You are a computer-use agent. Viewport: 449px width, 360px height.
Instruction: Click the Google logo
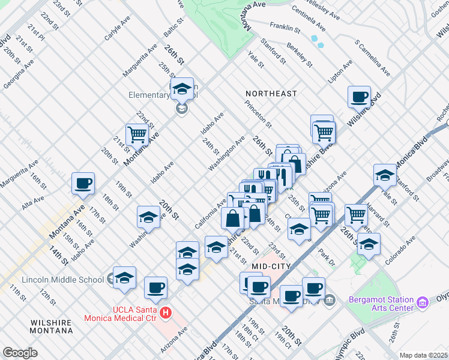[20, 353]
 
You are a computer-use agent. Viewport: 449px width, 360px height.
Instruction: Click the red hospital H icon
[166, 313]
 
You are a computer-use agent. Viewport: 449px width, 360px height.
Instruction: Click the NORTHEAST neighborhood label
[271, 94]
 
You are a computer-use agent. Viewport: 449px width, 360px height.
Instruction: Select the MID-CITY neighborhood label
[271, 266]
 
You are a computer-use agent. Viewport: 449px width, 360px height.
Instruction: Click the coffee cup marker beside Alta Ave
[83, 183]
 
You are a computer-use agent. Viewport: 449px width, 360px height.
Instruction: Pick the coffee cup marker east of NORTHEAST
[360, 97]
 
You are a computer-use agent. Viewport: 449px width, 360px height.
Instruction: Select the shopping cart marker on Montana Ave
[137, 134]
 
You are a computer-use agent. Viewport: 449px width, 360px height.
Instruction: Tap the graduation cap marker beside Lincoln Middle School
[124, 277]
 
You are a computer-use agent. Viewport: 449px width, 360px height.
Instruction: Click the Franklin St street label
[285, 27]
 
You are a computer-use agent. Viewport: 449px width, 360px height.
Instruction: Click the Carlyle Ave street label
[117, 29]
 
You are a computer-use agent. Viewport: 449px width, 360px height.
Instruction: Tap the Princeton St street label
[258, 114]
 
